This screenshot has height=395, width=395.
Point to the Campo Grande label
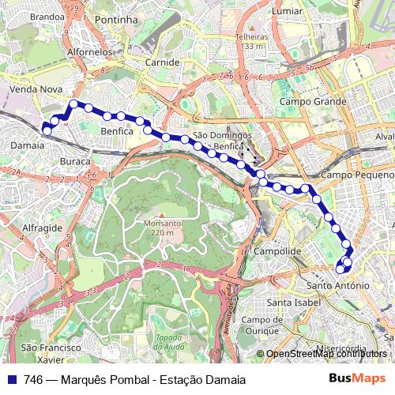point(313,102)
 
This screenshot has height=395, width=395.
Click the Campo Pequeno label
point(357,175)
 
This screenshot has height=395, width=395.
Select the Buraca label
point(75,161)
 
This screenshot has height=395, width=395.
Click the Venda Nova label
point(35,90)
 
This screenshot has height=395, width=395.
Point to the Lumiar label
point(287,11)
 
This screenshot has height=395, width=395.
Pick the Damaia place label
point(28,145)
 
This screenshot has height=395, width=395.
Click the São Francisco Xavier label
point(51,353)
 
